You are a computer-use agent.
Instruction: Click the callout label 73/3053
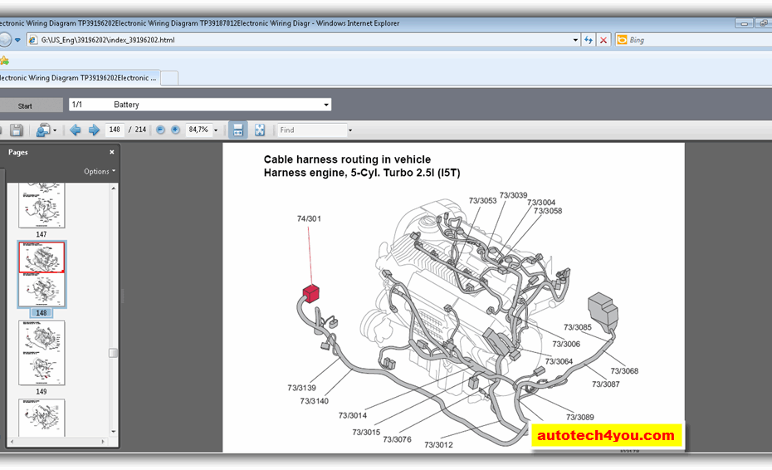pos(482,200)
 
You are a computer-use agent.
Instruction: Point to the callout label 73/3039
pos(513,195)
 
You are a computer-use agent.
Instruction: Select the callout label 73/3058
pos(548,211)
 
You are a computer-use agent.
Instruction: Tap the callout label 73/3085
pos(578,327)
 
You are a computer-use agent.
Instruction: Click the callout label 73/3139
pos(302,388)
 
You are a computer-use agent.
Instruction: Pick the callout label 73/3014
pos(353,415)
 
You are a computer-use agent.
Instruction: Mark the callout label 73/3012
pos(438,445)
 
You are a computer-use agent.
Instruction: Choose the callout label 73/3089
pos(580,417)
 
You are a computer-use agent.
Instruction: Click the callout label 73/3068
pos(624,371)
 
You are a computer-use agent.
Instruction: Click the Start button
pos(26,105)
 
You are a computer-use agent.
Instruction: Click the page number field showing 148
pos(115,130)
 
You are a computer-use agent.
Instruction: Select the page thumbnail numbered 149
pos(42,352)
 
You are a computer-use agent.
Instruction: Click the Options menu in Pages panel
pos(99,171)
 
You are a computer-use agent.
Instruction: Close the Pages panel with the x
pos(112,152)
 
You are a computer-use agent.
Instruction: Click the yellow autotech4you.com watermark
pos(606,435)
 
